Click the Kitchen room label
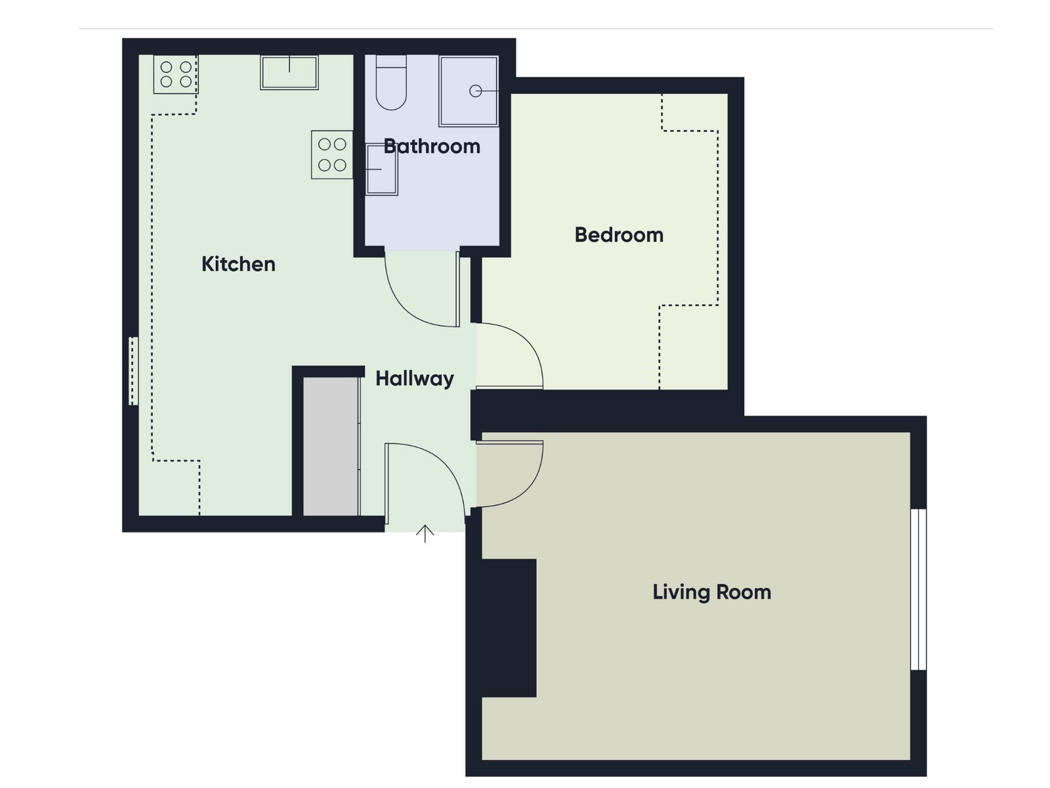pos(238,264)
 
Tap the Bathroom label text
pos(432,146)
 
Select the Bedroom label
pos(619,235)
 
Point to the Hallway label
pos(415,379)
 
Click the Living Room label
pos(712,592)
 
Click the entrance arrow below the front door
pos(425,534)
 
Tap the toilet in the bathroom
pos(391,82)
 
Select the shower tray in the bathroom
pos(469,91)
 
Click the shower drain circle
pos(476,91)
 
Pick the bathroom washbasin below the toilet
pos(382,169)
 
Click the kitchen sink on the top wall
pos(289,72)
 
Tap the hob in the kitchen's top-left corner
pos(176,74)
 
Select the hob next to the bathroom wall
pos(332,154)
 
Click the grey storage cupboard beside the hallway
pos(331,447)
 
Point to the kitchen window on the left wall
pos(133,371)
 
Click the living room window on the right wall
pos(919,590)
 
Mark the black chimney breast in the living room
pos(509,628)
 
